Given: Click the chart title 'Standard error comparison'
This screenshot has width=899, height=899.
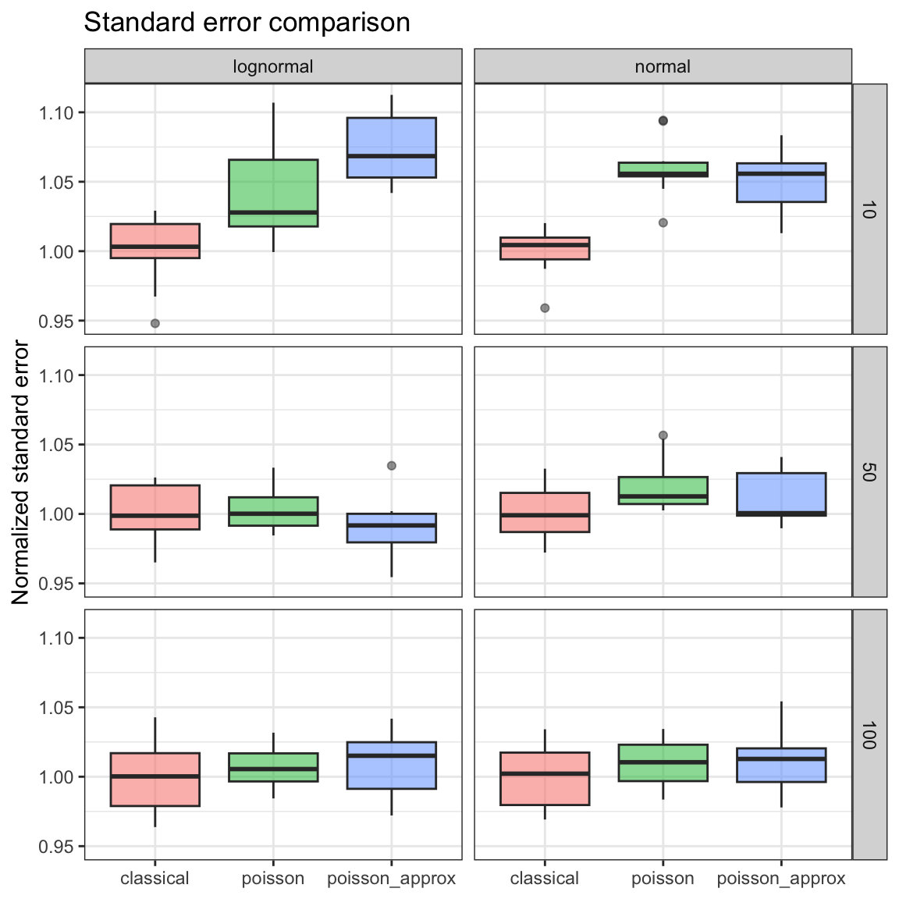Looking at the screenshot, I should click(x=247, y=23).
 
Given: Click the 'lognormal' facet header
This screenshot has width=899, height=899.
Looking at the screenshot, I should click(x=273, y=67).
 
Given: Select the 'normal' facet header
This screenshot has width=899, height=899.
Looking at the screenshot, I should click(x=663, y=67).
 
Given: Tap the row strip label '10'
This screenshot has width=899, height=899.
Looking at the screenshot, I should click(x=869, y=209).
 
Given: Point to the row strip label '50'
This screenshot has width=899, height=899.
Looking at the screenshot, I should click(x=869, y=471).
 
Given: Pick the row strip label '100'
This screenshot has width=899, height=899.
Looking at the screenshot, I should click(x=869, y=734).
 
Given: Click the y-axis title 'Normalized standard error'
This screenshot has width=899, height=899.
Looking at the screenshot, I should click(x=21, y=473).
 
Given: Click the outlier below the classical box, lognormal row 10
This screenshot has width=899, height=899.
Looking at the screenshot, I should click(x=155, y=323).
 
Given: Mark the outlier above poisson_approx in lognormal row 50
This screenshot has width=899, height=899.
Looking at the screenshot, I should click(x=391, y=466).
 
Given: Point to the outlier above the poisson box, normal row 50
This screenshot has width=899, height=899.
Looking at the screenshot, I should click(x=663, y=435).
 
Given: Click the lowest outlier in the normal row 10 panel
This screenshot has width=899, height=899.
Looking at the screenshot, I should click(x=545, y=308).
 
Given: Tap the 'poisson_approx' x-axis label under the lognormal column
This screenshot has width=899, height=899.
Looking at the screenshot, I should click(x=391, y=879).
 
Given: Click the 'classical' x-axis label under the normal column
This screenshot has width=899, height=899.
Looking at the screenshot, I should click(x=545, y=879).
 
